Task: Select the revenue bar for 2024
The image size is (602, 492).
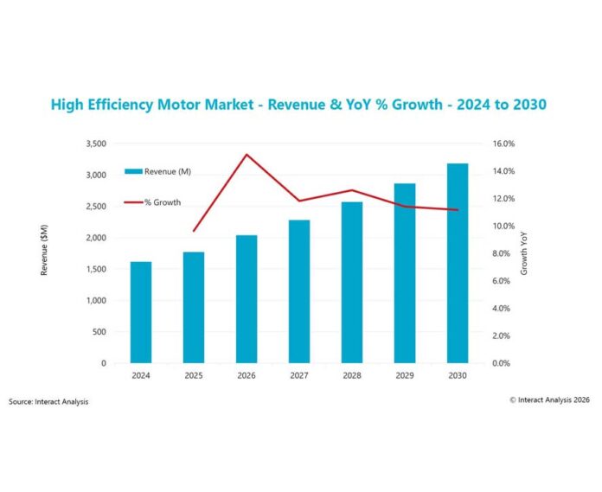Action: tap(141, 312)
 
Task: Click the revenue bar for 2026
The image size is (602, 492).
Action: tap(247, 299)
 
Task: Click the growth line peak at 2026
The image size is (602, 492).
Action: tap(247, 155)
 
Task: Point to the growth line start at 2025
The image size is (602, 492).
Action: tap(194, 231)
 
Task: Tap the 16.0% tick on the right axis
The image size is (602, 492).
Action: tap(504, 144)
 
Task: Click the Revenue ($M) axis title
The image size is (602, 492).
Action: tap(44, 252)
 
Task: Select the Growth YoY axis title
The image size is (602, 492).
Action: tap(524, 253)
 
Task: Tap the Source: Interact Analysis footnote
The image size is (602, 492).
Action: tap(48, 401)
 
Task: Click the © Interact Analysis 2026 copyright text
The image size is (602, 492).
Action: tap(549, 399)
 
